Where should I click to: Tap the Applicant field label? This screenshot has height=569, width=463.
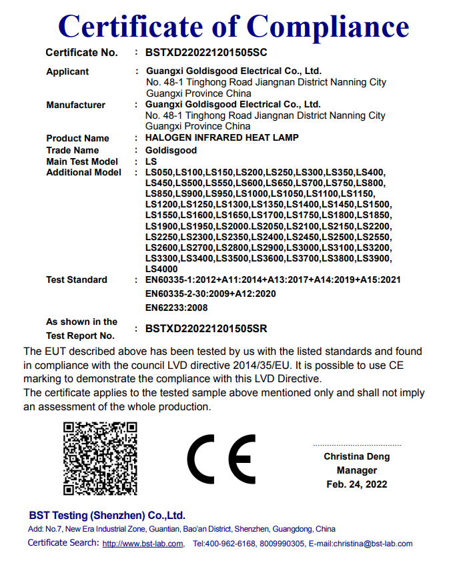pos(67,71)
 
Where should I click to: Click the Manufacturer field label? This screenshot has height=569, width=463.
pos(75,105)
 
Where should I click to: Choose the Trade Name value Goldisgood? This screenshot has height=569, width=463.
pos(171,150)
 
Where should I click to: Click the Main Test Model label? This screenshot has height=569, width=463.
pos(82,161)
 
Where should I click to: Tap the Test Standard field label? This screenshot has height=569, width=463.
pos(76,279)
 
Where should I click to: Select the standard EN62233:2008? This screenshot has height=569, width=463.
pos(176,308)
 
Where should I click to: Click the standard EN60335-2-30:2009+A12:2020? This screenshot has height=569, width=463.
pos(210,294)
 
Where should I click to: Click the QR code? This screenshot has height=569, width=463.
pos(100,458)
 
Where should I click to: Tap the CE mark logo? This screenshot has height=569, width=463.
pos(221,459)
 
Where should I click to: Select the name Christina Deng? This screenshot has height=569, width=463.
pos(356,456)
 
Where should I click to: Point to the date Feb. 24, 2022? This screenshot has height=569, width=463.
pos(356,484)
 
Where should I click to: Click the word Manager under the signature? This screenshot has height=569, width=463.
pos(356,470)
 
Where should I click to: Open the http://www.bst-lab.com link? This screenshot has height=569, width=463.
pos(143,544)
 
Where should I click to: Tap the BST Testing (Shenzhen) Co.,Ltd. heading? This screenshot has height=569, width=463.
pos(107,516)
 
